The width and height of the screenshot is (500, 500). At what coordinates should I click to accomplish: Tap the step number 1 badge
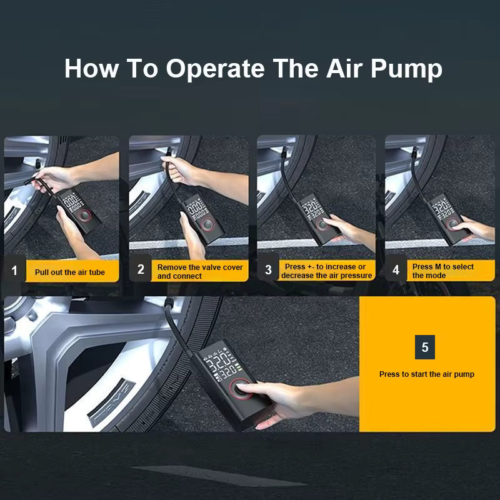[x=14, y=271]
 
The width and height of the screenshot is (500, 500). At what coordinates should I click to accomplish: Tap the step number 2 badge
[x=141, y=270]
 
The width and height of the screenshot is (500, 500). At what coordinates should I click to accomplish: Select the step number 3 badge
[x=268, y=270]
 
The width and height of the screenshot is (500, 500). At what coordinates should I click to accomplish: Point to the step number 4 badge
[x=396, y=270]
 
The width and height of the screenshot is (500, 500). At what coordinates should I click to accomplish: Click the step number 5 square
[x=425, y=347]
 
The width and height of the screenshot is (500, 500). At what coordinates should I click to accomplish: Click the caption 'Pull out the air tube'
[x=70, y=272]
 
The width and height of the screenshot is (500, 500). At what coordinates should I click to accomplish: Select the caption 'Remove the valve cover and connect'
[x=200, y=271]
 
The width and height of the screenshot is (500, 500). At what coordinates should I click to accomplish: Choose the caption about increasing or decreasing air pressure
[x=326, y=271]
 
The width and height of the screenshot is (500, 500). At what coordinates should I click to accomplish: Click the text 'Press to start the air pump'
[x=426, y=374]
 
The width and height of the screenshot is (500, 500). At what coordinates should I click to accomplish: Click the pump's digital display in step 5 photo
[x=219, y=366]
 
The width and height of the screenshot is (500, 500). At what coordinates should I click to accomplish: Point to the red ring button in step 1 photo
[x=84, y=216]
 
